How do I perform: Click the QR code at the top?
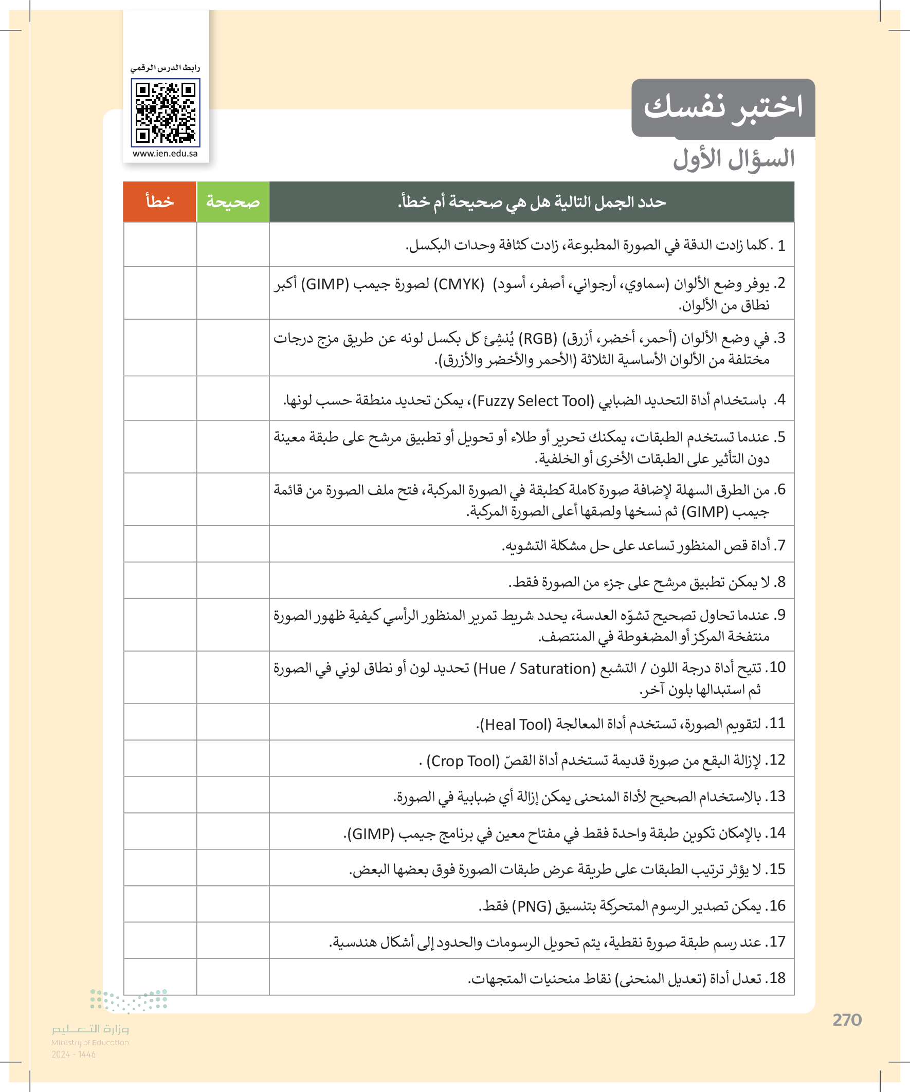click(166, 113)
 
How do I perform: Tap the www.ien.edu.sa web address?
click(165, 154)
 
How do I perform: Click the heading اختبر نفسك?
click(723, 107)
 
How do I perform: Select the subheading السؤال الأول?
click(734, 159)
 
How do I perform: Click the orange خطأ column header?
click(160, 202)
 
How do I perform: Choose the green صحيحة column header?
click(233, 202)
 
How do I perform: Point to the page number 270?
click(847, 1020)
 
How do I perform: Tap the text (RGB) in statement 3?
click(537, 339)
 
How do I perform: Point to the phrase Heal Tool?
click(516, 725)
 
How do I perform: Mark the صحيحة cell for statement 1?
click(233, 245)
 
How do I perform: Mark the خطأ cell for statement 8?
click(160, 580)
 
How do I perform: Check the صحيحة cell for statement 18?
click(233, 977)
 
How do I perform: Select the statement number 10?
click(777, 668)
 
